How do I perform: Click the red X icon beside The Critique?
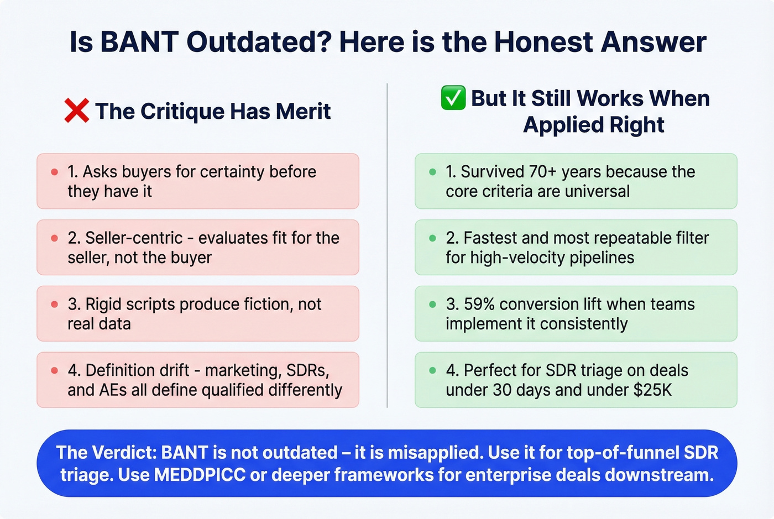[x=76, y=111]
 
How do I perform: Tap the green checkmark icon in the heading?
[x=453, y=98]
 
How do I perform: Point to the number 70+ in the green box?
[x=542, y=172]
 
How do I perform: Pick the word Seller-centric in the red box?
[x=133, y=238]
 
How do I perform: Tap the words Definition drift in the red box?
[x=136, y=370]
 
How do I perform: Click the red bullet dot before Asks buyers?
[x=54, y=172]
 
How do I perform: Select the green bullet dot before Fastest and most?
[x=432, y=238]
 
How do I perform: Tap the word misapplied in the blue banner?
[x=434, y=453]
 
